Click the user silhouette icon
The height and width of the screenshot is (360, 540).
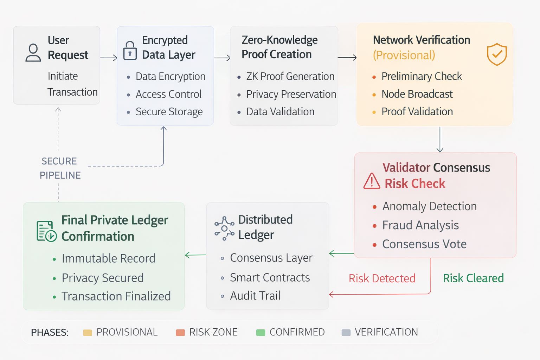pos(33,53)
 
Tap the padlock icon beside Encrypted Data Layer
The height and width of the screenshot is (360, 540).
pos(130,51)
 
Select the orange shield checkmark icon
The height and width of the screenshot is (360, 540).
pos(496,54)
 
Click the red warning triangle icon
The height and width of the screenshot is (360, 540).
pos(372,181)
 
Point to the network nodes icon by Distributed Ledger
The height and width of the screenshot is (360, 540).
pos(224,229)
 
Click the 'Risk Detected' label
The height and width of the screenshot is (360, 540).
pos(382,278)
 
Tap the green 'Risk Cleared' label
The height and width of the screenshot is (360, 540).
pos(473,278)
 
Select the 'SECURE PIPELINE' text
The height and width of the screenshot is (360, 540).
pos(60,168)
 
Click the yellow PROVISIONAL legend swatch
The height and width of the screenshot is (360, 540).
pos(88,333)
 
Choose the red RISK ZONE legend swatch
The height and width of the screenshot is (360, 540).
pos(180,333)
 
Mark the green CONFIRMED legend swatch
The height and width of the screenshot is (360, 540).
pos(261,333)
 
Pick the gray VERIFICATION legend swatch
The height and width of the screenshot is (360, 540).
pos(346,333)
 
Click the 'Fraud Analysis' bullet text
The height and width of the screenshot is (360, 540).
pos(420,225)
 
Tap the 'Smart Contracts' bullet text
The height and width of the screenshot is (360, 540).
pos(270,277)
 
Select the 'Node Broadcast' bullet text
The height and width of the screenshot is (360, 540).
pos(417,94)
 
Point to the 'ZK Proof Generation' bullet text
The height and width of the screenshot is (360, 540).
pos(290,76)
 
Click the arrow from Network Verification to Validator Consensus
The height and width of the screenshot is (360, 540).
pos(440,140)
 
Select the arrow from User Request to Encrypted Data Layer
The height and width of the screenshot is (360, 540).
pos(109,58)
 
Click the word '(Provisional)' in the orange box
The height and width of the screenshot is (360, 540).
pos(404,55)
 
